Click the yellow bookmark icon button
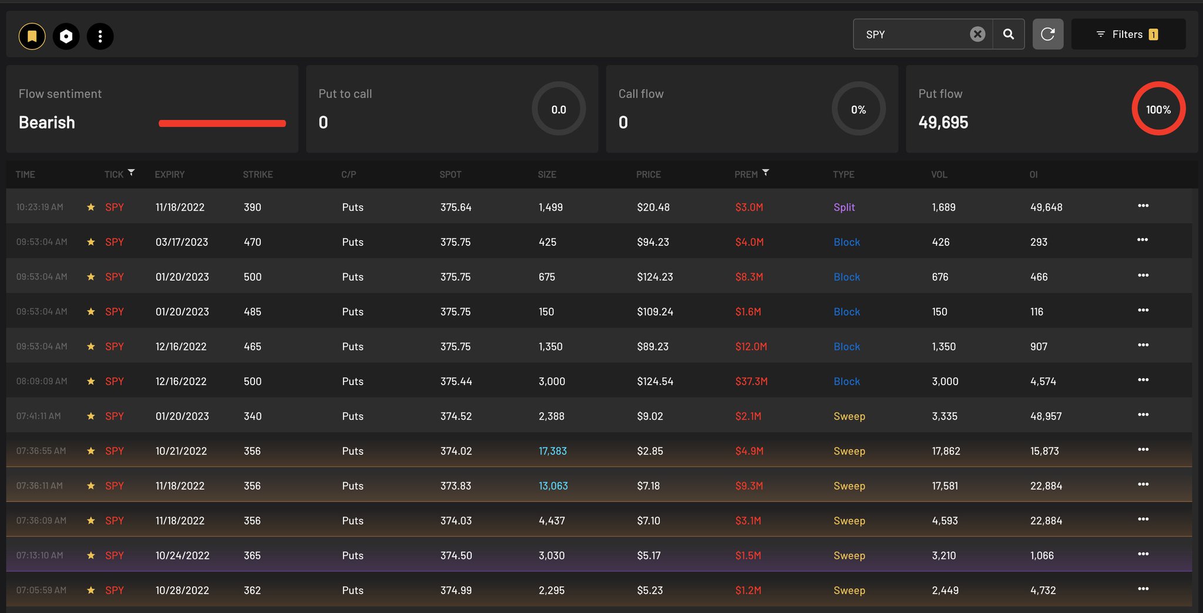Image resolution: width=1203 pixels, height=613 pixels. pos(32,36)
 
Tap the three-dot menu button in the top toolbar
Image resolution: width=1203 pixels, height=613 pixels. pos(100,36)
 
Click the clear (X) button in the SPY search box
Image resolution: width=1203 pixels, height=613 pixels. pos(977,34)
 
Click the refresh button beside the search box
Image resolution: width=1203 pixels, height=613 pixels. pos(1048,34)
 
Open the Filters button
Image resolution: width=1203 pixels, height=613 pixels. pos(1128,34)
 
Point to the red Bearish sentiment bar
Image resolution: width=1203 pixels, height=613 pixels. pos(222,123)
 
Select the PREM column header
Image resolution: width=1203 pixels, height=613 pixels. pos(746,174)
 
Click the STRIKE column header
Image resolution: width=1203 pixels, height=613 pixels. pos(258,174)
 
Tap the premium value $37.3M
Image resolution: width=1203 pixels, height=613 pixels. pos(751,381)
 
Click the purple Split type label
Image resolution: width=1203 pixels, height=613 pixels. pos(844,207)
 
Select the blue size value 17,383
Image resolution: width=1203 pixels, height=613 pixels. pos(553,451)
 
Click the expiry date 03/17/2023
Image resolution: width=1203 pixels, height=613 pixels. pos(182,242)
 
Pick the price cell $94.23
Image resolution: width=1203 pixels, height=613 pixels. pos(653,242)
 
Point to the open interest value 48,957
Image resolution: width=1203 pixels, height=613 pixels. pos(1046,416)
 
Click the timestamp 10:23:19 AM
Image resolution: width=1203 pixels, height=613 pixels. pos(39,207)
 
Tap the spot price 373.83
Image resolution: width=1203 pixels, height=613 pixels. pos(456,486)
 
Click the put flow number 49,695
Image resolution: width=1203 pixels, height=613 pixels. pos(943,122)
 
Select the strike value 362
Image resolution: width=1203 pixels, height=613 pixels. pos(252,590)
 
